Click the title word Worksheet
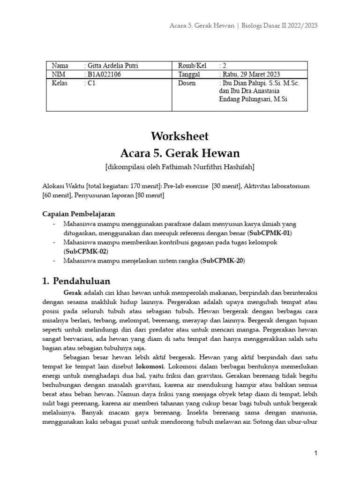tap(180, 136)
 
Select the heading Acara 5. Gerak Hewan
tap(180, 153)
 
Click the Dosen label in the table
tap(187, 83)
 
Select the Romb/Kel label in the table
tap(192, 66)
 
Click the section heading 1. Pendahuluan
tap(76, 281)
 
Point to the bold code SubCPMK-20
tap(223, 260)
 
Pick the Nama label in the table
tap(60, 66)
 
